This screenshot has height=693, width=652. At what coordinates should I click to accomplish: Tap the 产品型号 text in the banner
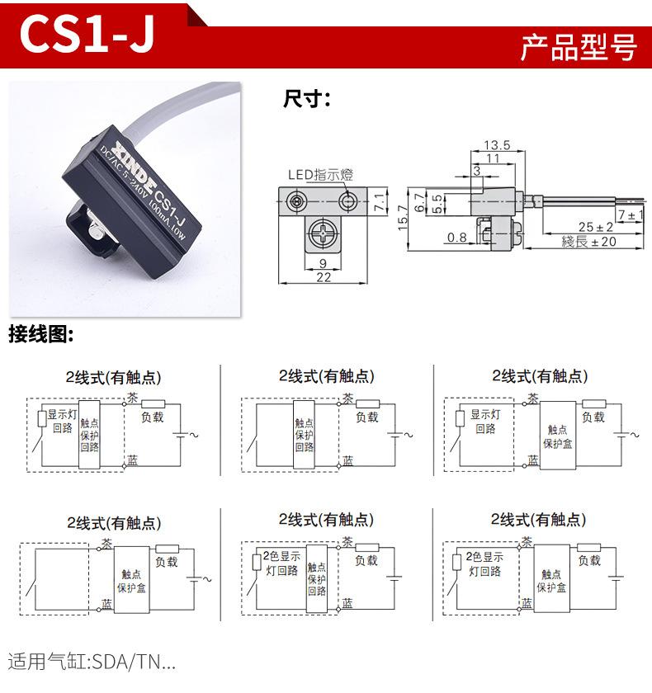coord(579,47)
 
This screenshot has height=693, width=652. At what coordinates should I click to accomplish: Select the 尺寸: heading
coord(306,100)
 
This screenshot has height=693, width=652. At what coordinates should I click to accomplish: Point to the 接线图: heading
coord(41,335)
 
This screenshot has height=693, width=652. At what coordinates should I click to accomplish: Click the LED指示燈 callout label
coord(319,174)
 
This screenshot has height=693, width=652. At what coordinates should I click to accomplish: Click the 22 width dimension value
coord(324,278)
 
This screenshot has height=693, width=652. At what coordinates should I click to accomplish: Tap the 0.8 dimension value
coord(456,238)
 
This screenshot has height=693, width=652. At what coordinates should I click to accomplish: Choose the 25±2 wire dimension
coord(595,226)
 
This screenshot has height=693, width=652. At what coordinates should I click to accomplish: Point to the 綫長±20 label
coord(588,242)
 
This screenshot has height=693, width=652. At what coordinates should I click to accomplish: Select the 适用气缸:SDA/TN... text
coord(92,661)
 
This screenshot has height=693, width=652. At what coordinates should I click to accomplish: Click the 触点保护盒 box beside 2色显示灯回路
coord(551,582)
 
